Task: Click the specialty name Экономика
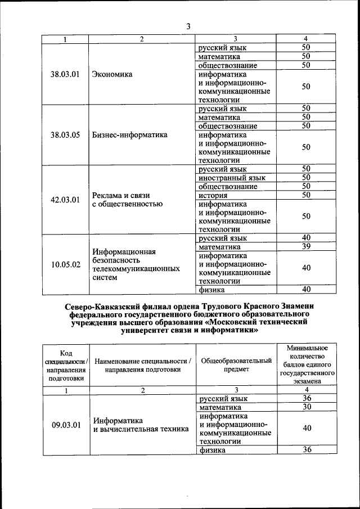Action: pyautogui.click(x=112, y=74)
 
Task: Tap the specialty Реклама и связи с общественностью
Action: pyautogui.click(x=127, y=199)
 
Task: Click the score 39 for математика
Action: pyautogui.click(x=306, y=246)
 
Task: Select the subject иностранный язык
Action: pyautogui.click(x=232, y=178)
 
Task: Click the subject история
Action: pyautogui.click(x=213, y=195)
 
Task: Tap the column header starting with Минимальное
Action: pyautogui.click(x=307, y=364)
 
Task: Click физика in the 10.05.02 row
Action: pyautogui.click(x=212, y=290)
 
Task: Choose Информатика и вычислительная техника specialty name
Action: pyautogui.click(x=141, y=425)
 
